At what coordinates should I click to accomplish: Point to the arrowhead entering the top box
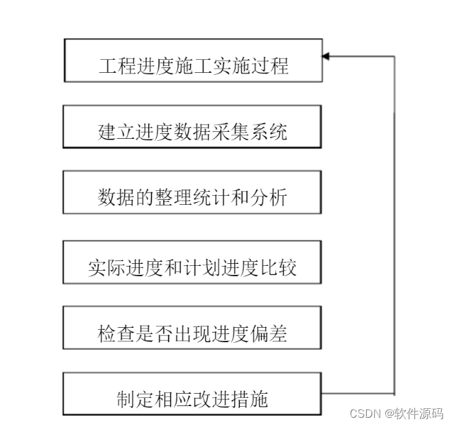[326, 56]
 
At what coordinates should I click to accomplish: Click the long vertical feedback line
[395, 227]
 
